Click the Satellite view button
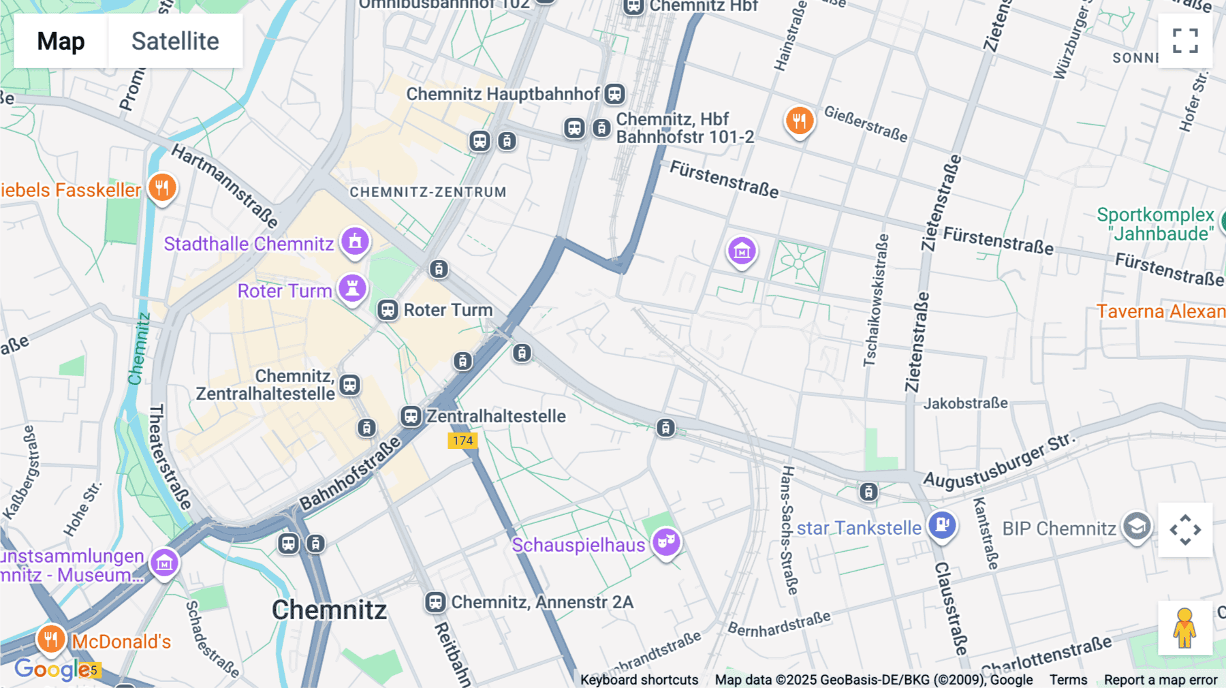tap(175, 41)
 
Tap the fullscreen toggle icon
tap(1185, 41)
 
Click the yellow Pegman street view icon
tap(1185, 628)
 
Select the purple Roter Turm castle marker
tap(352, 288)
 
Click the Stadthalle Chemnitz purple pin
tap(355, 241)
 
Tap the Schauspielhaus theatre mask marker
tap(666, 542)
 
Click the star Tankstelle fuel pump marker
tap(943, 525)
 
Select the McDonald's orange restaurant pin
tap(51, 639)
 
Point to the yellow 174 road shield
tap(462, 441)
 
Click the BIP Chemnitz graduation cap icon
tap(1137, 527)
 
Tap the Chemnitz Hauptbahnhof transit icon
tap(615, 94)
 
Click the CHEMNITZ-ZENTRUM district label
tap(428, 192)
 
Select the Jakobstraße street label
tap(965, 403)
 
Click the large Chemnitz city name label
tap(329, 610)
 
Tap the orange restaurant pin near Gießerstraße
tap(800, 121)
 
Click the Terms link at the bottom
tap(1068, 680)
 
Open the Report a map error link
tap(1161, 680)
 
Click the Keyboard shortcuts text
tap(639, 680)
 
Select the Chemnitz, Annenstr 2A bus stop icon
tap(435, 602)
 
